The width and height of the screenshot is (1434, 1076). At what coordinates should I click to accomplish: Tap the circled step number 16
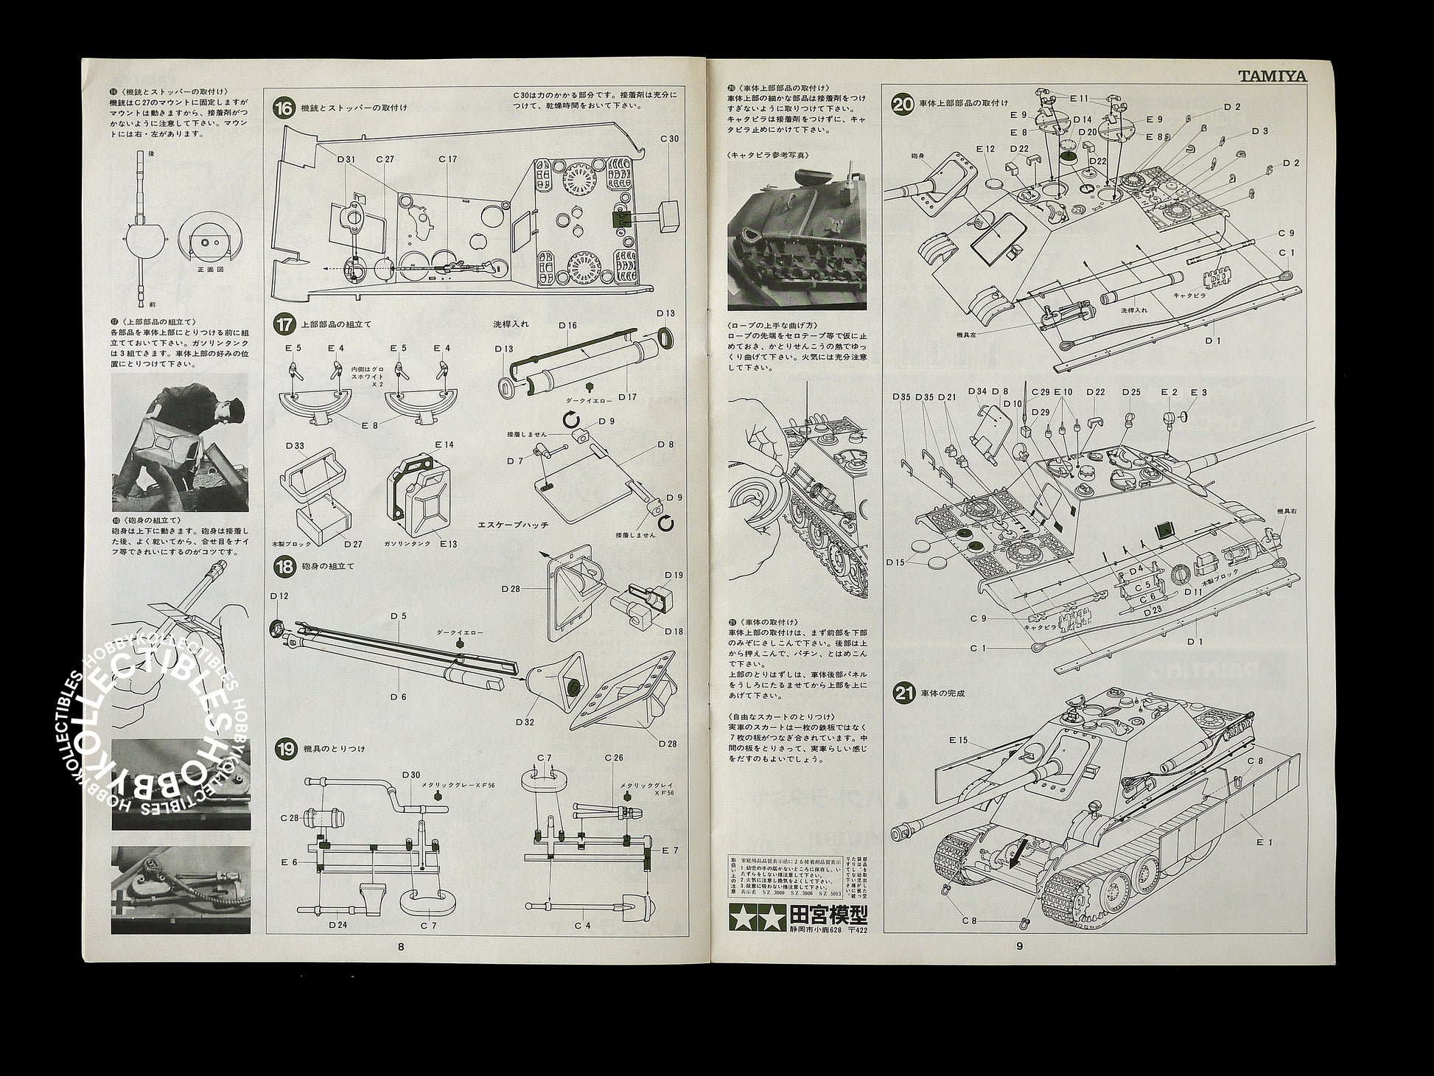(x=283, y=108)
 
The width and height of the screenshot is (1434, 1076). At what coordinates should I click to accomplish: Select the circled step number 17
(x=283, y=323)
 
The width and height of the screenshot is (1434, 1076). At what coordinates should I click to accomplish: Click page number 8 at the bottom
(x=400, y=947)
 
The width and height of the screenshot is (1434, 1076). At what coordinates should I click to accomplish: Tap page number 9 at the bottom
(x=1020, y=947)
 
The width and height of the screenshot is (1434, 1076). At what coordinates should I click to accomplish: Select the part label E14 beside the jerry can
(x=444, y=445)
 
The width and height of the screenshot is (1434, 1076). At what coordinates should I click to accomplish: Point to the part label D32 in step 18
(x=525, y=722)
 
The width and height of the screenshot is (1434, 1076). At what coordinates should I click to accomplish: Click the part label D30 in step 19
(x=410, y=775)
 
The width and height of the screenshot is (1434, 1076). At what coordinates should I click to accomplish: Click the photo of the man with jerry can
(x=179, y=443)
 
